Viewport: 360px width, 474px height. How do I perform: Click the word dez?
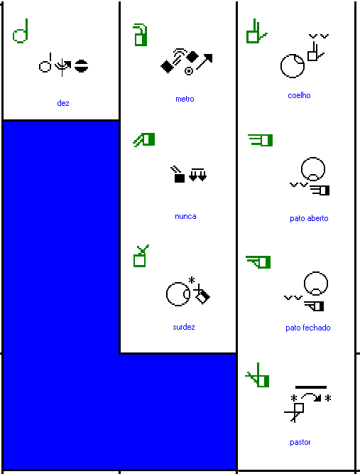(63, 103)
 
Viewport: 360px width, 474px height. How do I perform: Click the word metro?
(185, 99)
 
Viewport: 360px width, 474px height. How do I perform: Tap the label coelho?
(300, 95)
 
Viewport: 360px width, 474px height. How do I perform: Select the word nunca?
(185, 216)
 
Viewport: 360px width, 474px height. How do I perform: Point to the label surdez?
(184, 327)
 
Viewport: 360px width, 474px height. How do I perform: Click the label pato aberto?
(309, 218)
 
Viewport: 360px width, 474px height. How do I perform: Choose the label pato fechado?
(308, 328)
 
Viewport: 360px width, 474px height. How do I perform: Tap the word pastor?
(300, 442)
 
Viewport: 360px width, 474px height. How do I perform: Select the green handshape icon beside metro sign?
(140, 35)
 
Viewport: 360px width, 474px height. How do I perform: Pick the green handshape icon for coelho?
(256, 31)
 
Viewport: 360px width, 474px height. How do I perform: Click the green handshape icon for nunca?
(144, 140)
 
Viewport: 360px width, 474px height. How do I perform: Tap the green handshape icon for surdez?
(141, 256)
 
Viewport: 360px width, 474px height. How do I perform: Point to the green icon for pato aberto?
(261, 140)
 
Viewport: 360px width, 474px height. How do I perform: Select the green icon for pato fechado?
(258, 262)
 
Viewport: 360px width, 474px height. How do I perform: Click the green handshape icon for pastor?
(258, 375)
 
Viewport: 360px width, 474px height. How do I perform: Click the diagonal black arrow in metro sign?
(204, 62)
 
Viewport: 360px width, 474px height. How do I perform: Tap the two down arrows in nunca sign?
(198, 175)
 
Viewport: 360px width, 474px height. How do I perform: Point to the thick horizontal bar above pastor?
(311, 387)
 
